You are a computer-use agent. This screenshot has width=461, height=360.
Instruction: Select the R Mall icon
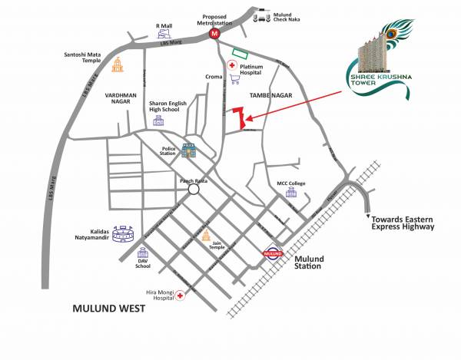coord(163,35)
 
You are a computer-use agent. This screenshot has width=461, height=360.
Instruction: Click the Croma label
coord(214,77)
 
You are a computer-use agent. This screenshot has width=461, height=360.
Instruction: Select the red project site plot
coord(244,117)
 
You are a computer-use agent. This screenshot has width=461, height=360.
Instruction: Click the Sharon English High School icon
coord(159,121)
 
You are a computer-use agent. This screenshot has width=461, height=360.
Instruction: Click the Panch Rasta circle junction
coord(194,188)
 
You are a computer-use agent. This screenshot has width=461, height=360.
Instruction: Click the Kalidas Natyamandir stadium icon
coord(122,233)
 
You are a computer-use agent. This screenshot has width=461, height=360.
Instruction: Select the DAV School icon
coord(142,253)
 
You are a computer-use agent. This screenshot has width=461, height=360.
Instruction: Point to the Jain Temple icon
coord(205,236)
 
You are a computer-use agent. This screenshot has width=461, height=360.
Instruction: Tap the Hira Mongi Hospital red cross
coord(181,295)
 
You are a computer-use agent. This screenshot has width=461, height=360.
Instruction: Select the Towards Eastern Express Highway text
coord(403,222)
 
